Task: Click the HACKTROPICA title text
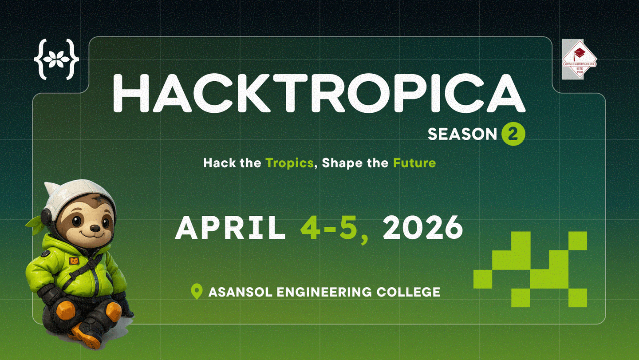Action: (319, 93)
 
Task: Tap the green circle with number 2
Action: (513, 134)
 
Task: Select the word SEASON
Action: (462, 134)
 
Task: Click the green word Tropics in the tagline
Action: (289, 163)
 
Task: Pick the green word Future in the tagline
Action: (414, 163)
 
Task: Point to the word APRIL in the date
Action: (230, 228)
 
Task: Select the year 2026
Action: (423, 228)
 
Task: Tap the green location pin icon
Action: (197, 291)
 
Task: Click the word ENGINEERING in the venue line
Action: (324, 292)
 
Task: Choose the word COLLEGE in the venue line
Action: (408, 292)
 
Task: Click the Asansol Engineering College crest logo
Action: (579, 59)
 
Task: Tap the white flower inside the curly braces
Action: (56, 59)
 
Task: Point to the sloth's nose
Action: (95, 228)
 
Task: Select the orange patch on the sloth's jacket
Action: (74, 261)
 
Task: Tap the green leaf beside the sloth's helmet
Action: (35, 224)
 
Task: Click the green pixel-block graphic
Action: (530, 269)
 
